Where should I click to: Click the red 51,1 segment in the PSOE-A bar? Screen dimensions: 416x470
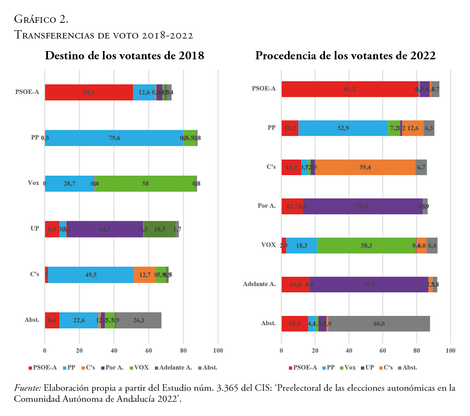[89, 92]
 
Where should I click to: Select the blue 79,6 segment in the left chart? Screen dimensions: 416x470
[114, 138]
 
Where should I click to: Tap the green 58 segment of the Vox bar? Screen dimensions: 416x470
[145, 183]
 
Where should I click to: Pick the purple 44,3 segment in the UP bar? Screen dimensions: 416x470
[105, 229]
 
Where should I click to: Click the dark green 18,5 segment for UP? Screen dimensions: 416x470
[159, 229]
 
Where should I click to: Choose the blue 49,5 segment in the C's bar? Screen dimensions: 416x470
[91, 275]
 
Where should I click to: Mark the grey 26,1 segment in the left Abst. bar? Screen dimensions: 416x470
[138, 320]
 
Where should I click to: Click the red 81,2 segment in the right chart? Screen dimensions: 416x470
[350, 89]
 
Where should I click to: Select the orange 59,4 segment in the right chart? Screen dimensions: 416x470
[365, 167]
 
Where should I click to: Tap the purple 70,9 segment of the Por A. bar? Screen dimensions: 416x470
[362, 206]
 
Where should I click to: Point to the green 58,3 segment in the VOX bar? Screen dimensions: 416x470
[366, 246]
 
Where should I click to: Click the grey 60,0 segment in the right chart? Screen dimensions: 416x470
[379, 324]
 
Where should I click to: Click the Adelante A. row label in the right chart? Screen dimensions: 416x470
[259, 284]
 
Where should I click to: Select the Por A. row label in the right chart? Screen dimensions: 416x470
[266, 206]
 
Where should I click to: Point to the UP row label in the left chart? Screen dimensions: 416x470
[35, 228]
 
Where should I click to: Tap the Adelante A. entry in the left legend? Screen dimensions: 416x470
[175, 368]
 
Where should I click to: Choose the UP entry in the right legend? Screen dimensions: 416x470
[369, 368]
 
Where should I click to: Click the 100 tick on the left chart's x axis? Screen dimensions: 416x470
[218, 351]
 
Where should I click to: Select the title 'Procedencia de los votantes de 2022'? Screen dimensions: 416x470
[345, 55]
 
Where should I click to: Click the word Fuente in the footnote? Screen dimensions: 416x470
[27, 388]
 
